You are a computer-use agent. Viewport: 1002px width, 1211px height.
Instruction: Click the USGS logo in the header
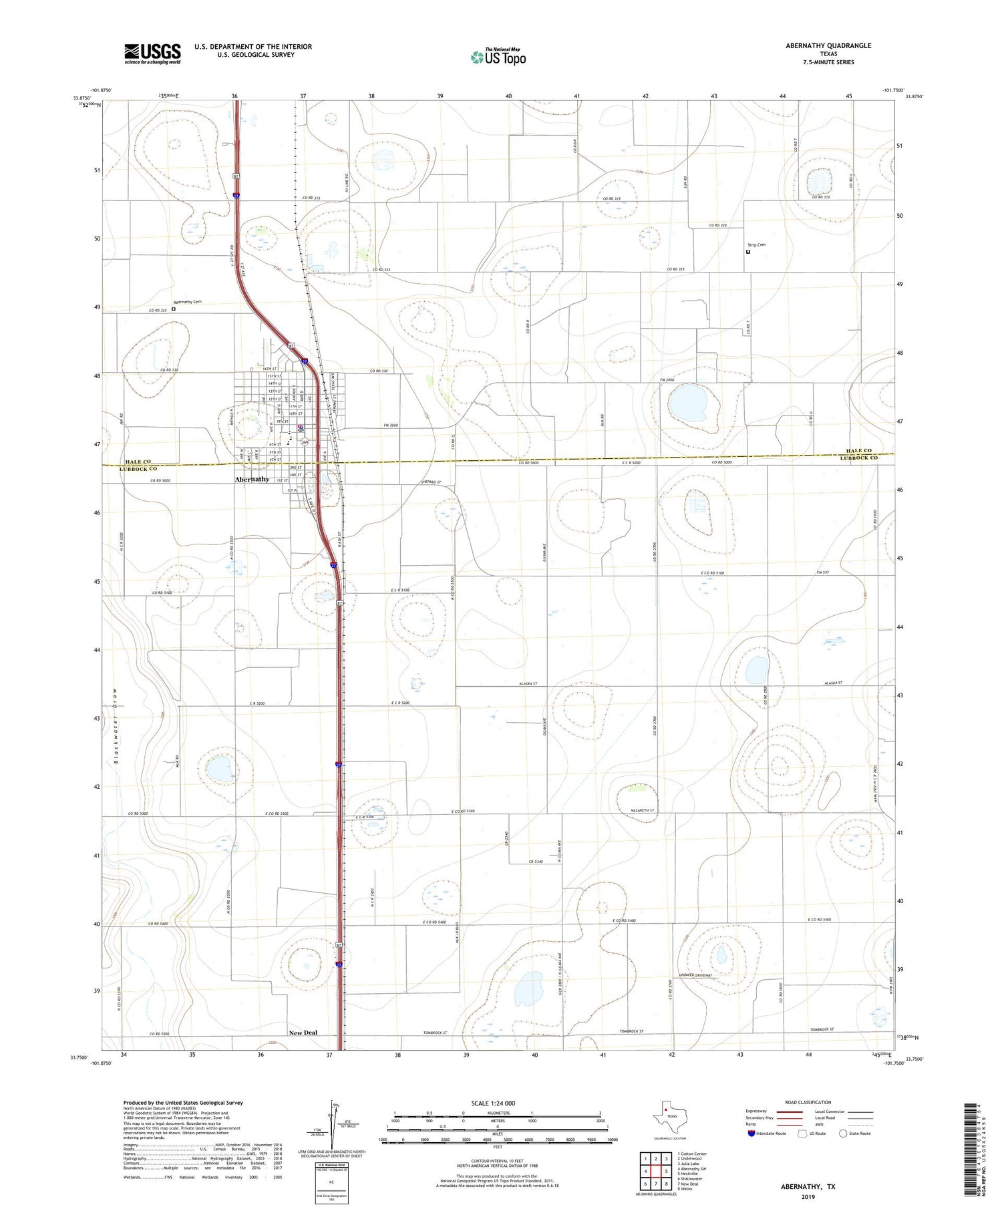tap(152, 53)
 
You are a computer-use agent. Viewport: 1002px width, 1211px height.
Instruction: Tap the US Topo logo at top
tap(498, 57)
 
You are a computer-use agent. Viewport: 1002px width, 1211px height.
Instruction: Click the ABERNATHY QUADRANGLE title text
tap(820, 45)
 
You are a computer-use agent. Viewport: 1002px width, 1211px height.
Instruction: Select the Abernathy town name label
tap(252, 479)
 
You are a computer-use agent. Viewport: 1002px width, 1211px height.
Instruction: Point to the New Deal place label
tap(303, 1033)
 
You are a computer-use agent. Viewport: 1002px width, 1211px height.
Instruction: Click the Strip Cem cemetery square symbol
tap(748, 252)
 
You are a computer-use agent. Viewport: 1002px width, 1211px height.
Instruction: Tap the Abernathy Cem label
tap(188, 302)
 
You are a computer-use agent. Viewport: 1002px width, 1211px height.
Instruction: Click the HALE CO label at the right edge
tap(858, 451)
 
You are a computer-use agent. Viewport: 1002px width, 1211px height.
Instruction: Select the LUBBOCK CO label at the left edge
tap(138, 469)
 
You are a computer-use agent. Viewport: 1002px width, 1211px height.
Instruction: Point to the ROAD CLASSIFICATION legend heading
tap(808, 1102)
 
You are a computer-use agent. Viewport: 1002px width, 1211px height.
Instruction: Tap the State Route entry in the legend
tap(854, 1134)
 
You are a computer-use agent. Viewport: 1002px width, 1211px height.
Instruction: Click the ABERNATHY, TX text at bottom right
tap(808, 1187)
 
